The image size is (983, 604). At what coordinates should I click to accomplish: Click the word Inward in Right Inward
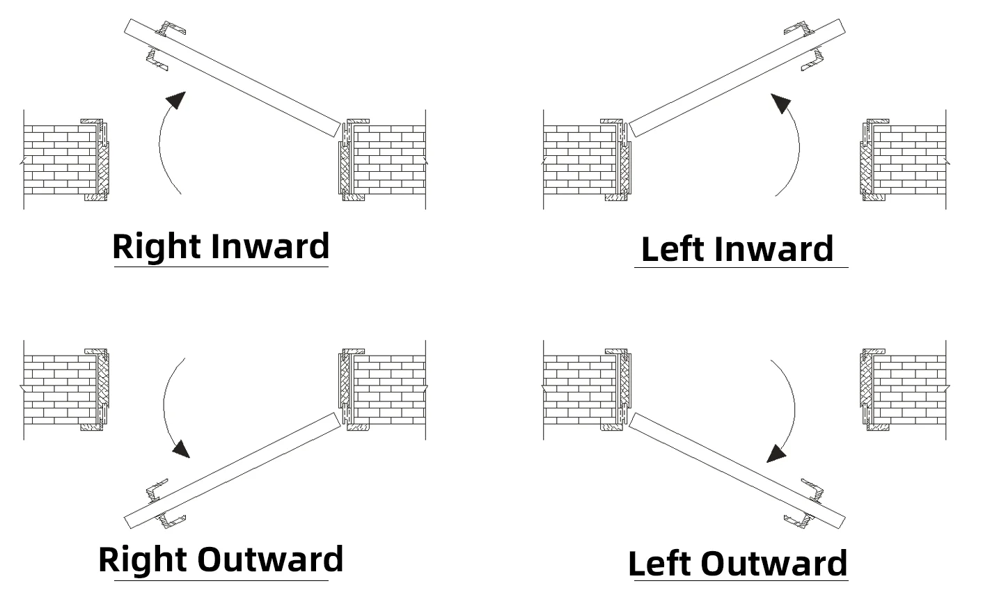point(270,247)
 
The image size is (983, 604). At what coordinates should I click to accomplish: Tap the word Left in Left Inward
point(673,249)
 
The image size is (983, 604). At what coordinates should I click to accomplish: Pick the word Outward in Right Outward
point(270,559)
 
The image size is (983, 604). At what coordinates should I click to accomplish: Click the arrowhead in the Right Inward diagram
point(178,100)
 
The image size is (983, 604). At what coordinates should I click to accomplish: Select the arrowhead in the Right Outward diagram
point(181,449)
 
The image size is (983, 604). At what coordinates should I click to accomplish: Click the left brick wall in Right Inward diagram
point(59,160)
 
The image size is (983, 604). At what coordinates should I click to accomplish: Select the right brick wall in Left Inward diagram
point(909,160)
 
